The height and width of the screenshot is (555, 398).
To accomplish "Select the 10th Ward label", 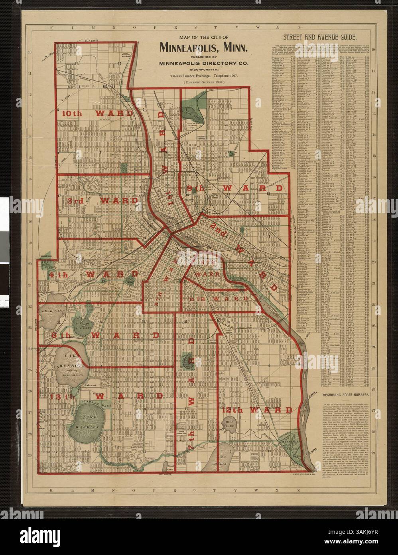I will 98,113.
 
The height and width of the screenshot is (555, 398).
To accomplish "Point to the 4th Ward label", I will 94,275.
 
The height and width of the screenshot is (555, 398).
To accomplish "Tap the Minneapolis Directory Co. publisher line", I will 204,63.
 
